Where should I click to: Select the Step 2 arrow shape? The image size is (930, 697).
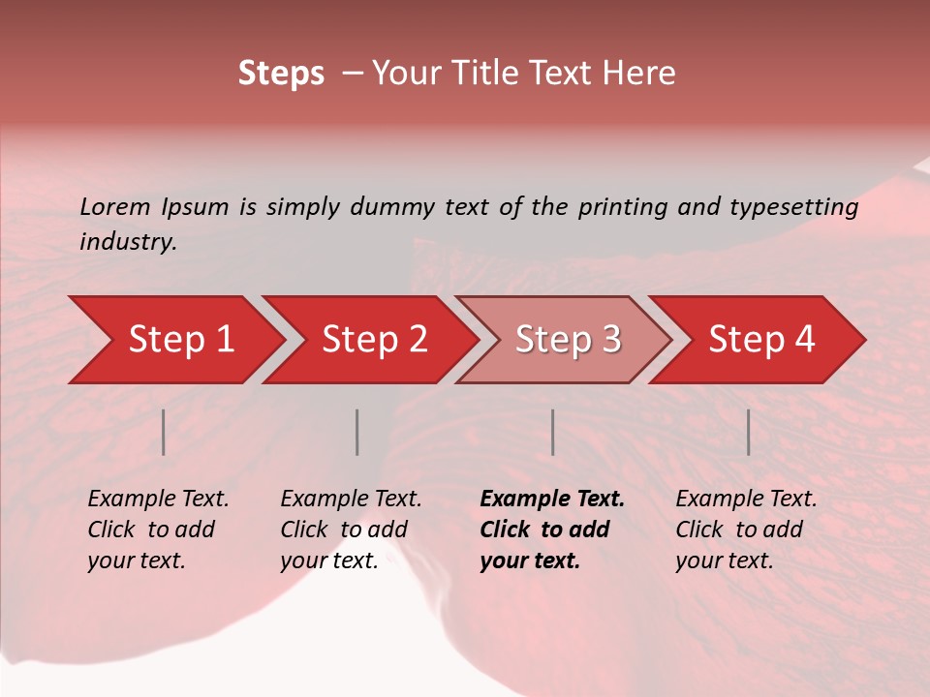click(x=374, y=340)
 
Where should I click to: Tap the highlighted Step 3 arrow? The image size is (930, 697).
click(x=568, y=340)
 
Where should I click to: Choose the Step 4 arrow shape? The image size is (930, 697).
click(x=761, y=340)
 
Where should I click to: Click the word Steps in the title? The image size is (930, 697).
click(x=281, y=74)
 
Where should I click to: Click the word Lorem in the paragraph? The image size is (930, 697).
click(x=114, y=206)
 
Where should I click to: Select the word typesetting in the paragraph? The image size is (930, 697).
click(x=793, y=207)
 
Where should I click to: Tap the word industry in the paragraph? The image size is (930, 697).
click(x=128, y=242)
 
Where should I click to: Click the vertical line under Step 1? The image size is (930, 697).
click(x=164, y=432)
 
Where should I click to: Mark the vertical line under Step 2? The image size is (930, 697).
click(x=357, y=432)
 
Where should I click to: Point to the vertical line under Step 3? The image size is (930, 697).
click(x=553, y=432)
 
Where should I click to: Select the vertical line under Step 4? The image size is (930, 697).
click(x=749, y=432)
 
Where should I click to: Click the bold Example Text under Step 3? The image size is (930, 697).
click(x=552, y=499)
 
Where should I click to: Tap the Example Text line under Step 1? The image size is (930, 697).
click(x=158, y=499)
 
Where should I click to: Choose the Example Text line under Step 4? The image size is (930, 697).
click(x=746, y=499)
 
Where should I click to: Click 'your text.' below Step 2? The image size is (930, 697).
click(x=328, y=561)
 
